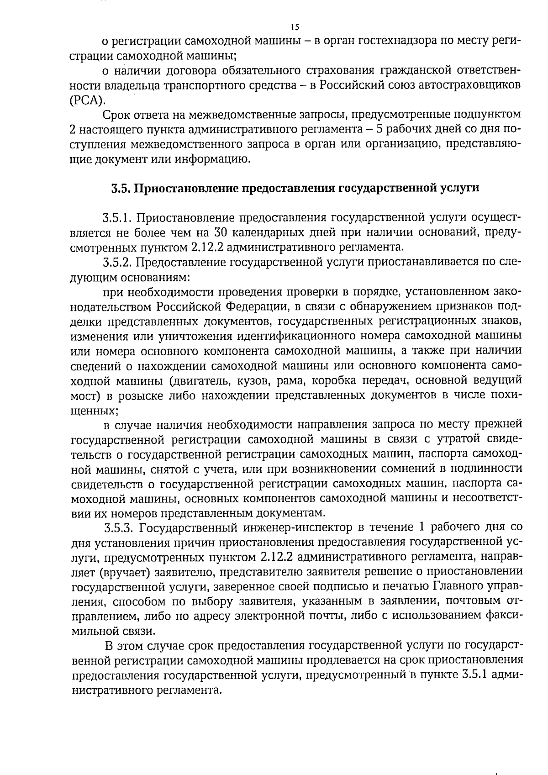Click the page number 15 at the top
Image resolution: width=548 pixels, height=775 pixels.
[x=294, y=26]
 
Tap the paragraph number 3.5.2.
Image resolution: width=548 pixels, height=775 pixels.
[x=118, y=262]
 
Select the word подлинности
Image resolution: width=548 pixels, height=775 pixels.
[x=489, y=469]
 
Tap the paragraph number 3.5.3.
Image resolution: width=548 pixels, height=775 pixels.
[x=119, y=528]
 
